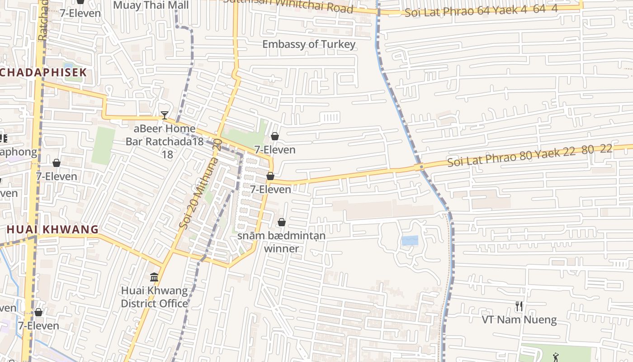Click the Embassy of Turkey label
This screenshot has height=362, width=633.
(309, 44)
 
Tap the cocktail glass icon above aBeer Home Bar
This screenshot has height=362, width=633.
(165, 115)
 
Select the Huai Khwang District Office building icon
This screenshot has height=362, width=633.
(154, 276)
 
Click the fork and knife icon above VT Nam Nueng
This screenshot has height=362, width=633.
(519, 306)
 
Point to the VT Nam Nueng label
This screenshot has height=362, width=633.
(519, 320)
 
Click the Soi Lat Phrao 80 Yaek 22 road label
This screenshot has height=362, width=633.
(529, 155)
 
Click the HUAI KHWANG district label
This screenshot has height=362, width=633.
(52, 229)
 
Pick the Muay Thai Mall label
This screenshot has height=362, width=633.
(151, 5)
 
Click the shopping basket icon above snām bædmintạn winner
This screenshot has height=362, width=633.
(282, 222)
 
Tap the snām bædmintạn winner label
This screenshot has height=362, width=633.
(281, 242)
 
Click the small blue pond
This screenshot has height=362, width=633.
(410, 240)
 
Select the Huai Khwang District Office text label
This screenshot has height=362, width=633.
(154, 297)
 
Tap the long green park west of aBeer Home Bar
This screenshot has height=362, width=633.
(104, 145)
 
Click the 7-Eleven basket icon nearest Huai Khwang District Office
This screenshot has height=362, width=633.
(38, 312)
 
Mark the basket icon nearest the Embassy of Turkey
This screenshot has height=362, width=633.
(274, 136)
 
